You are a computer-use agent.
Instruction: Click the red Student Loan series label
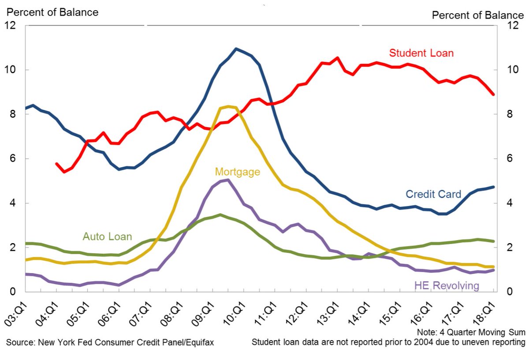(x=421, y=53)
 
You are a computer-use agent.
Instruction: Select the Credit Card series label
(x=433, y=194)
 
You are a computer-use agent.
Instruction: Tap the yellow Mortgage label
(x=237, y=172)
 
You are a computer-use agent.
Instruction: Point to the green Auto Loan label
(x=107, y=236)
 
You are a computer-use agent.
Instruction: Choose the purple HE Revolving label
(x=446, y=285)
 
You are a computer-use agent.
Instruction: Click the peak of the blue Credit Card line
(x=236, y=49)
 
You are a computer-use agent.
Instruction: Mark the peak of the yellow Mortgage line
(x=228, y=106)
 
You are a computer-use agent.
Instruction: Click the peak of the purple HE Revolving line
(x=227, y=180)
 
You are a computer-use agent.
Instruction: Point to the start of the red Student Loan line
(x=56, y=164)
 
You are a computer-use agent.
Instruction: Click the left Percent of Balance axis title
(x=52, y=12)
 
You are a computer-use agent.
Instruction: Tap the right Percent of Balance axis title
(x=478, y=15)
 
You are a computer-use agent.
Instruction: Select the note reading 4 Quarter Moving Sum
(x=470, y=332)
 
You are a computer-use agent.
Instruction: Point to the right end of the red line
(x=493, y=94)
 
